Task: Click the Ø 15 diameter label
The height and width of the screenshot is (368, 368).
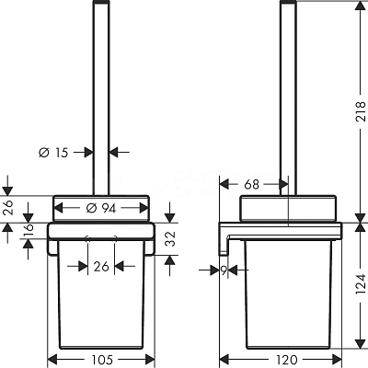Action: [53, 153]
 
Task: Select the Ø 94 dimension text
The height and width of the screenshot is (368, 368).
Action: [101, 209]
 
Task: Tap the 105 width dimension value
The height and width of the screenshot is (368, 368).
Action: [102, 360]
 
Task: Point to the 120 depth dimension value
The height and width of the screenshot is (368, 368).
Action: [287, 360]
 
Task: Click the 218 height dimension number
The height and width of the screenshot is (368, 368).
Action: [362, 111]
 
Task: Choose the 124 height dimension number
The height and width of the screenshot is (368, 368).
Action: [362, 285]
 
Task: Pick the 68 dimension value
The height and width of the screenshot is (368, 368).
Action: [252, 185]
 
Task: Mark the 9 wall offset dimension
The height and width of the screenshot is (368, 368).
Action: [224, 270]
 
